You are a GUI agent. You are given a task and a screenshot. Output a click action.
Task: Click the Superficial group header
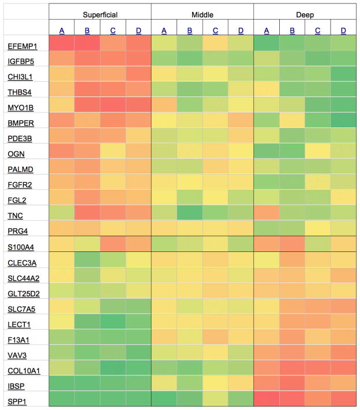(100, 12)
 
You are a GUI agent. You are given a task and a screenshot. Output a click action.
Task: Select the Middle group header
(202, 12)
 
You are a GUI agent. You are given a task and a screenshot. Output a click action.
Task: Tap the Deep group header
(305, 12)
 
